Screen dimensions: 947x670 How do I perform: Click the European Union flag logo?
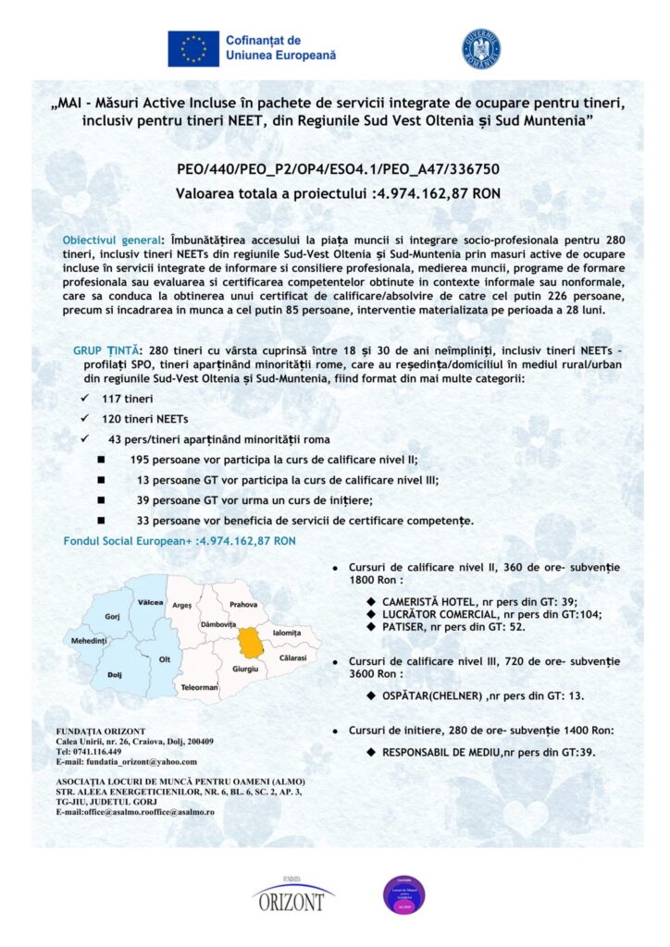coord(192,48)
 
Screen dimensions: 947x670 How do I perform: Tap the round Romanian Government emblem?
coord(480,48)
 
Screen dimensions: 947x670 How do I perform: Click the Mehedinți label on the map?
coord(89,641)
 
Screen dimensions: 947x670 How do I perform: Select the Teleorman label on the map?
coord(199,687)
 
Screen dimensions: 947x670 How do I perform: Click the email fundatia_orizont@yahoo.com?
coord(140,762)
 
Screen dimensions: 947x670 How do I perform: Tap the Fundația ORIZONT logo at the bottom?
coord(293,894)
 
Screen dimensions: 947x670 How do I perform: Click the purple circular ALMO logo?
coord(403,894)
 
